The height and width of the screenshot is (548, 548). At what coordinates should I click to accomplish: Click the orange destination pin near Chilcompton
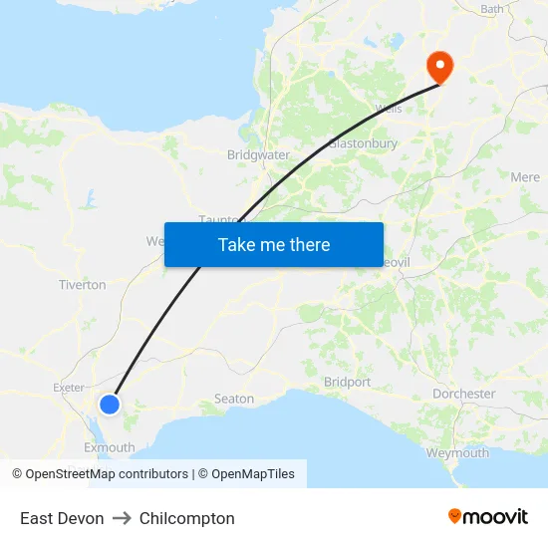pyautogui.click(x=438, y=66)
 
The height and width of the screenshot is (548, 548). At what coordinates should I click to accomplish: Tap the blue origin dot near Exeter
pyautogui.click(x=110, y=404)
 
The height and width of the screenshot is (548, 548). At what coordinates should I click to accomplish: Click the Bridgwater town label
pyautogui.click(x=258, y=154)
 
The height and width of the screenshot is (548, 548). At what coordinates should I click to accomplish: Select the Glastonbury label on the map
pyautogui.click(x=364, y=143)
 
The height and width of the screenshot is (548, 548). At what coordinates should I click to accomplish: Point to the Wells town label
pyautogui.click(x=389, y=109)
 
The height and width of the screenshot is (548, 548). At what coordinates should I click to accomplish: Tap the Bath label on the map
pyautogui.click(x=492, y=9)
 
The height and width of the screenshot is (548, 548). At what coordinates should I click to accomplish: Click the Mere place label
pyautogui.click(x=525, y=177)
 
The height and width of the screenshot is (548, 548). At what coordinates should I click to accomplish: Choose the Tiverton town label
pyautogui.click(x=83, y=285)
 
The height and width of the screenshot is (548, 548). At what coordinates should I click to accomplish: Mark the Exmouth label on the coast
pyautogui.click(x=110, y=447)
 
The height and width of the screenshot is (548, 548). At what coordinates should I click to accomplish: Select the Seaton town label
pyautogui.click(x=234, y=399)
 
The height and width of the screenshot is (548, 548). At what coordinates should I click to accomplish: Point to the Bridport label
pyautogui.click(x=348, y=382)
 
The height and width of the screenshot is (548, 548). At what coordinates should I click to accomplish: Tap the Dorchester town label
pyautogui.click(x=463, y=394)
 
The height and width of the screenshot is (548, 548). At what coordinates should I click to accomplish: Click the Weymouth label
pyautogui.click(x=457, y=452)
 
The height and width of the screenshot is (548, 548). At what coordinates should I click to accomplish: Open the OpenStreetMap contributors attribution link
pyautogui.click(x=107, y=474)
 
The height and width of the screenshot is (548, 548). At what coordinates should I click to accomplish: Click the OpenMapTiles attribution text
pyautogui.click(x=253, y=474)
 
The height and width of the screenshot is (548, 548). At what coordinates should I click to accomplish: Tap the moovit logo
pyautogui.click(x=488, y=516)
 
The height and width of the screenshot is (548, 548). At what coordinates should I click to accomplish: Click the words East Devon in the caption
pyautogui.click(x=62, y=518)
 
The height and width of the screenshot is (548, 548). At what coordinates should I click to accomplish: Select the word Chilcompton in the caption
pyautogui.click(x=187, y=518)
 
